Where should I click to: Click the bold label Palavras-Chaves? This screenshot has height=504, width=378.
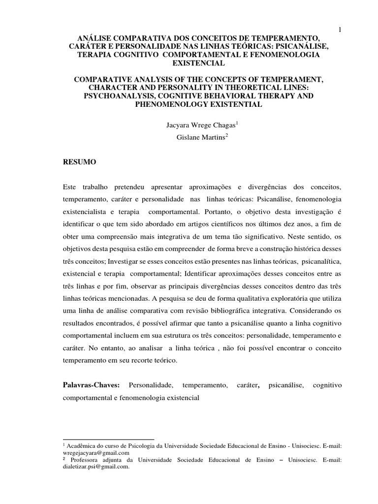(92, 384)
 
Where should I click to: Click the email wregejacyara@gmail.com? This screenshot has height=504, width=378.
(96, 453)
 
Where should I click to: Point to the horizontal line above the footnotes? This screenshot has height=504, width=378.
(109, 438)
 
